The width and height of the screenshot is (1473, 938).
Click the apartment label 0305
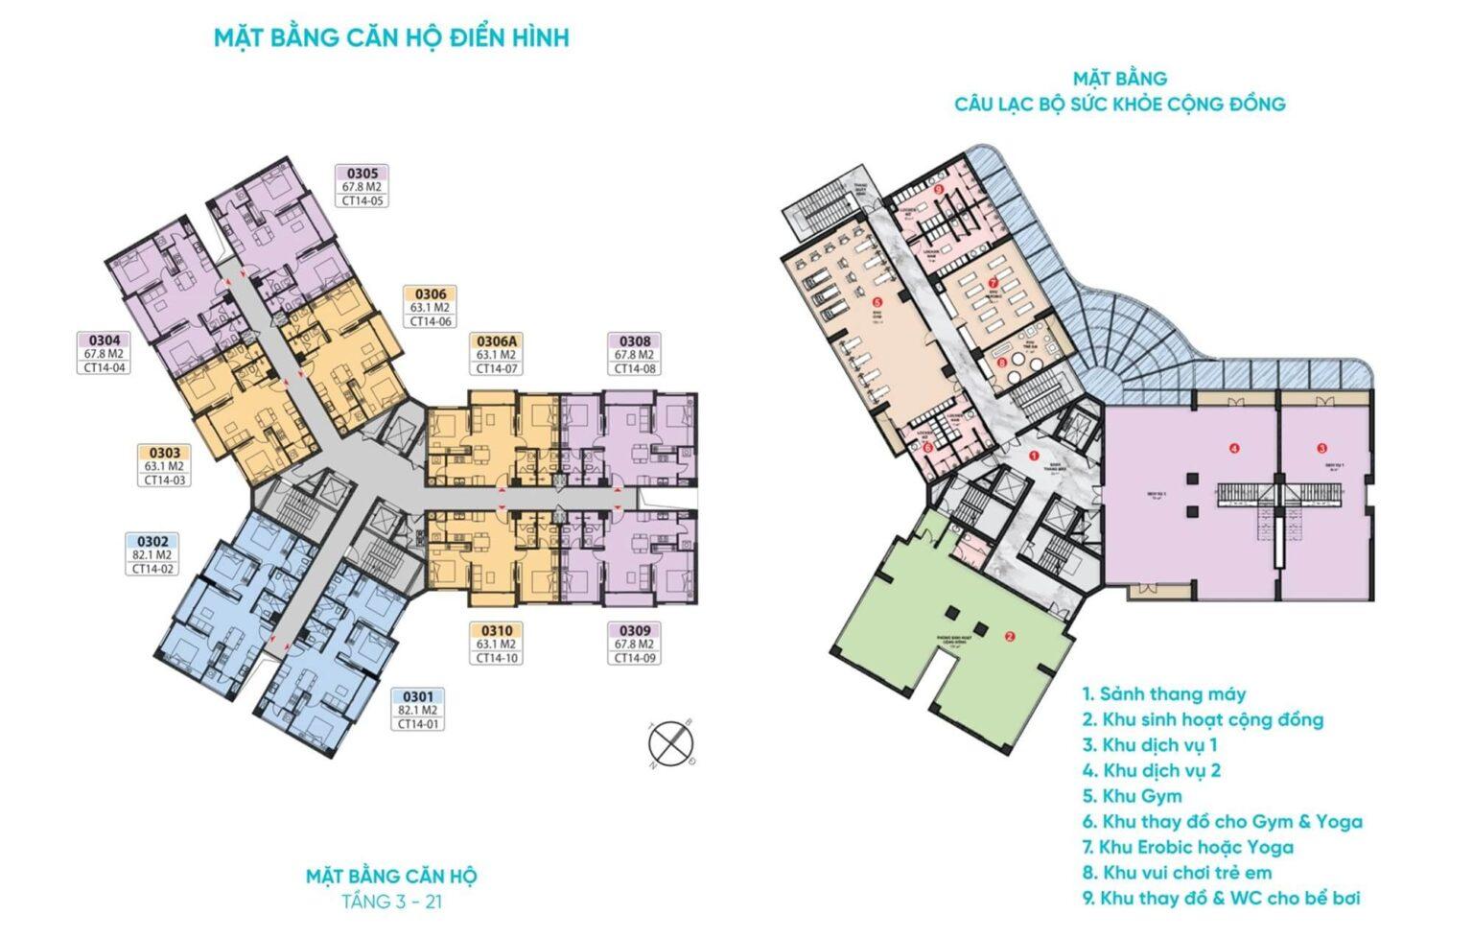[362, 174]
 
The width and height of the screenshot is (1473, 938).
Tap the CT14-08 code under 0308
[635, 368]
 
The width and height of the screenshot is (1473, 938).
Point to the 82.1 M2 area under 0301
[418, 711]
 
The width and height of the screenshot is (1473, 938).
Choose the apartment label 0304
[105, 340]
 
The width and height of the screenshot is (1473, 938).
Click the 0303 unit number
[164, 453]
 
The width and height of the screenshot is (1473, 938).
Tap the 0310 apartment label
[497, 631]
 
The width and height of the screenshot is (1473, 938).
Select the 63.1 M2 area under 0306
[430, 308]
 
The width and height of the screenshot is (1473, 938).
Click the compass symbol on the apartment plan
[671, 744]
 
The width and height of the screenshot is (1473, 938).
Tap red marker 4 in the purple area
[1234, 448]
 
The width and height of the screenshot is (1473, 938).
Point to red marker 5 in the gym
[875, 300]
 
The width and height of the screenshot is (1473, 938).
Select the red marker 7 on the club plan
[994, 283]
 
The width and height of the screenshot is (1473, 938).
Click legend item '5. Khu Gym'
[1132, 796]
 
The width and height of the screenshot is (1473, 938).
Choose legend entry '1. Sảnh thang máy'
[1164, 693]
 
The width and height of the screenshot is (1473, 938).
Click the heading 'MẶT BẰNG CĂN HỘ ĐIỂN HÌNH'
[391, 37]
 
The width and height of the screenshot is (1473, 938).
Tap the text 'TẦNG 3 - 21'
[391, 903]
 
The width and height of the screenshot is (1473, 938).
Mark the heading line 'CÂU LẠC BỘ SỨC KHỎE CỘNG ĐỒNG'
[1119, 104]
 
